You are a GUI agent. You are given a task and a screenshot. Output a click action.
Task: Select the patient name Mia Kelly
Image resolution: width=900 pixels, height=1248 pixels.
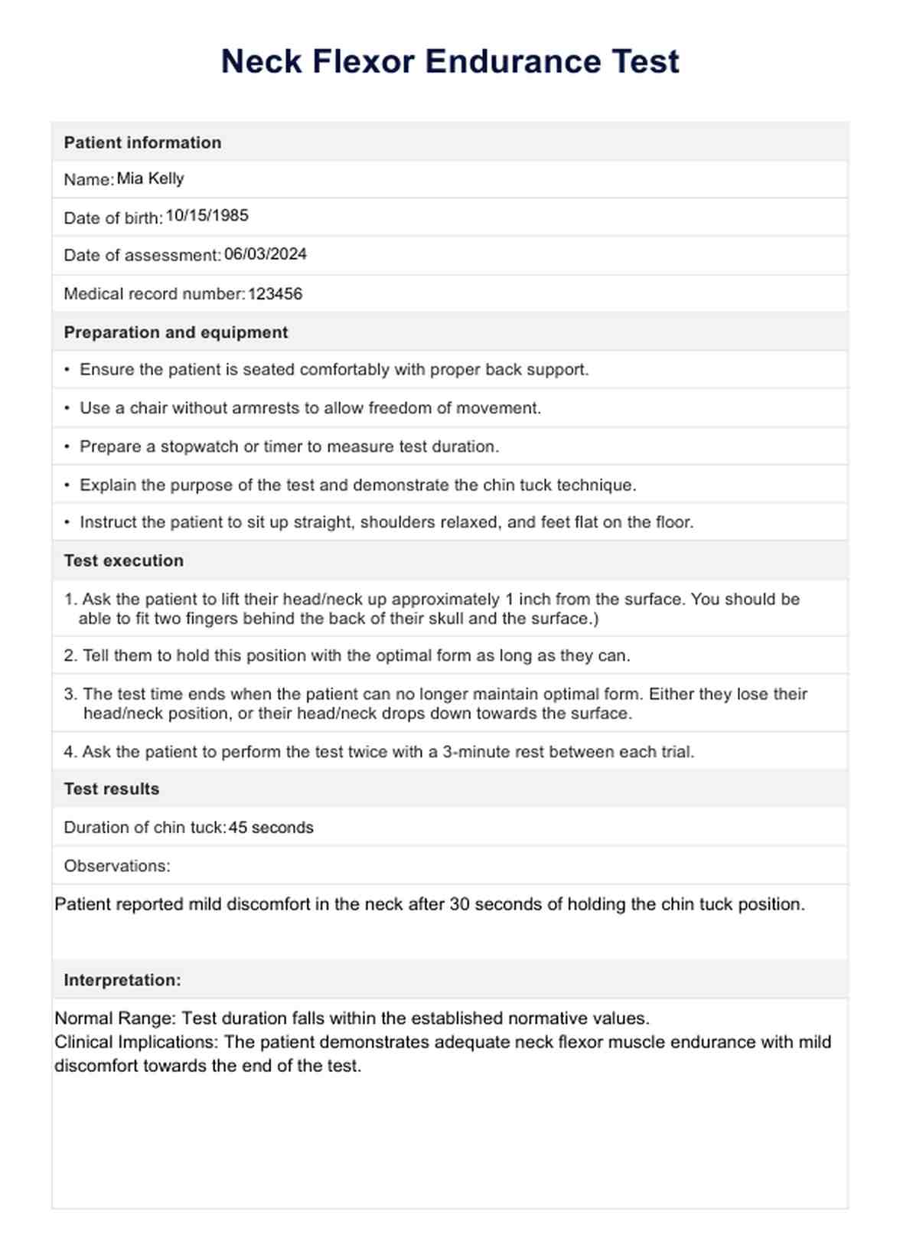coord(150,178)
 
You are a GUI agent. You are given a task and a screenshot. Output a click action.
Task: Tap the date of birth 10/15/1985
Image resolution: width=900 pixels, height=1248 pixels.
coord(207,216)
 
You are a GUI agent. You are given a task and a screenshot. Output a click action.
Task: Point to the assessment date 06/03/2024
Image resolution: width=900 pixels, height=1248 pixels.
coord(265,254)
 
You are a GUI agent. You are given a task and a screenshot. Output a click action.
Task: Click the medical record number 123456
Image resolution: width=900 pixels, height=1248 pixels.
coord(275,294)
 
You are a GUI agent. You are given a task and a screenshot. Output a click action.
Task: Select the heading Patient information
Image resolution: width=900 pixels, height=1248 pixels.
coord(142,142)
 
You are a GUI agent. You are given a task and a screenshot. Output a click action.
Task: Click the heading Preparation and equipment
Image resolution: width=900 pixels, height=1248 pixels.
coord(175,332)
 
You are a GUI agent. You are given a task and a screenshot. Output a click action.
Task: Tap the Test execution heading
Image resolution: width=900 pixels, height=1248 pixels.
coord(123,560)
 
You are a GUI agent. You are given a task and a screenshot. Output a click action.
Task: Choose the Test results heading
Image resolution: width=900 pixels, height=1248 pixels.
coord(111,789)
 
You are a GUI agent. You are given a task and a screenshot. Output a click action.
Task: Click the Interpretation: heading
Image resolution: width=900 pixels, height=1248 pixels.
coord(122,980)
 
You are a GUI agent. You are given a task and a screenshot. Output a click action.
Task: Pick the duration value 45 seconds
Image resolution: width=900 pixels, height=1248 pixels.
coord(271,828)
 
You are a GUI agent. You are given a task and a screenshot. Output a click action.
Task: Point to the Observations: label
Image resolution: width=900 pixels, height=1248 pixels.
coord(116,866)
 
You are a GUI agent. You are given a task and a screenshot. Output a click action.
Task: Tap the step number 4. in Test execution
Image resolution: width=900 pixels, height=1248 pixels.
coord(70,752)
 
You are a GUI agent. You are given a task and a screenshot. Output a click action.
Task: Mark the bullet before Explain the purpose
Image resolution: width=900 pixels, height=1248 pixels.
coord(67,485)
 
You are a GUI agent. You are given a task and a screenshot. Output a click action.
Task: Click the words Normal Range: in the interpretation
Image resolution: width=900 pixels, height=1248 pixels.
coord(116,1018)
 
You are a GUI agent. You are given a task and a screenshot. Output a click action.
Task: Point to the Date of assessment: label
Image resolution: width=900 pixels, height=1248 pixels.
coord(142,255)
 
